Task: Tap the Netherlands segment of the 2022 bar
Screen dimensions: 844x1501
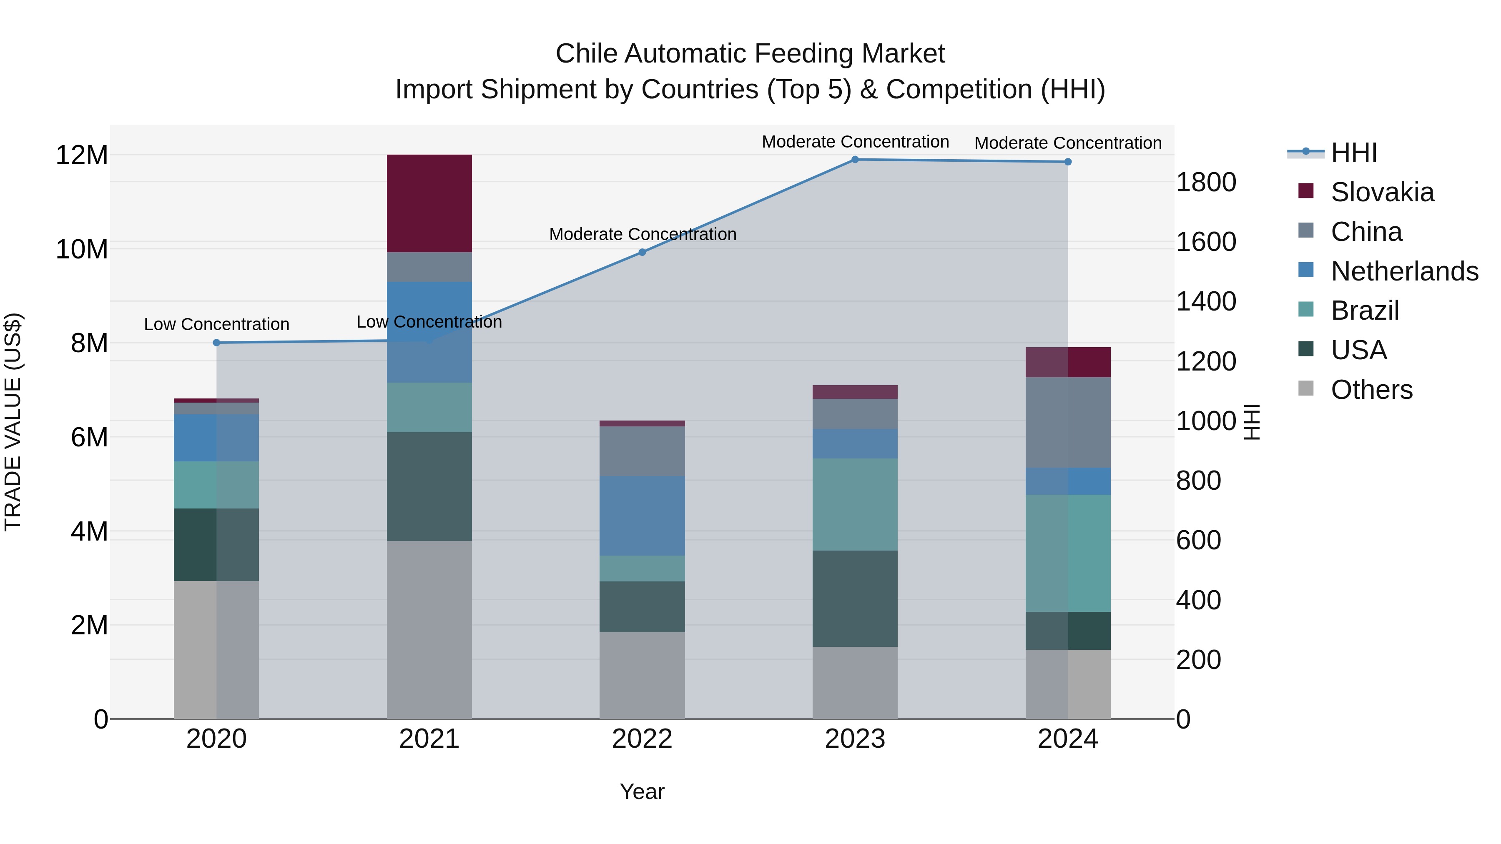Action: point(642,516)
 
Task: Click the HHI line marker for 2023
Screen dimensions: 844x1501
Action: point(855,160)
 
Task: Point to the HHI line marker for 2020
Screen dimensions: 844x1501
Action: point(217,343)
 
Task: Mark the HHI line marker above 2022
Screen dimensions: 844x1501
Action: point(642,252)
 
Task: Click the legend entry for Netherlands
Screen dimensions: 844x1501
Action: point(1404,271)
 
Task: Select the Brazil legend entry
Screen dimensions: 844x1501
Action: point(1365,311)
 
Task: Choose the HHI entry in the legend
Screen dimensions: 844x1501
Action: point(1353,153)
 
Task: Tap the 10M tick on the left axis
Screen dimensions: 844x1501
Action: point(82,249)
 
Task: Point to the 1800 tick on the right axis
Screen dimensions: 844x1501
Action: point(1205,182)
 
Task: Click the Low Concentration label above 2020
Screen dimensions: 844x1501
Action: point(217,324)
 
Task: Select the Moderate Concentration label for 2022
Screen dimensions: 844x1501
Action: point(642,234)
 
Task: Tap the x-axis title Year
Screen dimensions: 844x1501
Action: point(642,791)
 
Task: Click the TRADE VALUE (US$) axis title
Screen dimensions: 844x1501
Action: point(13,422)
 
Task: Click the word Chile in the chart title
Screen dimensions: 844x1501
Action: point(586,54)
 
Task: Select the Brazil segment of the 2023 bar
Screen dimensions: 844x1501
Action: point(855,504)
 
